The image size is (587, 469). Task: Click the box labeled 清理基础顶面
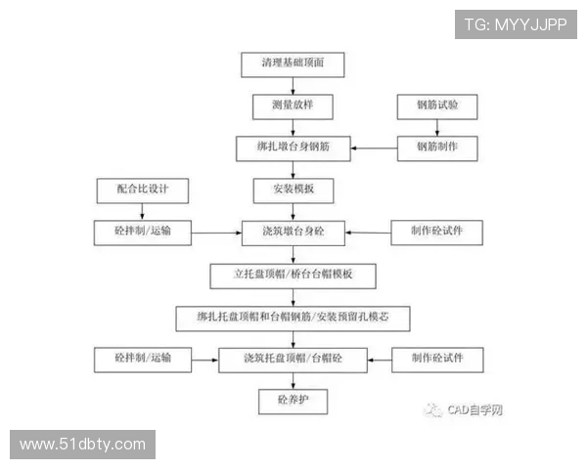coord(293,64)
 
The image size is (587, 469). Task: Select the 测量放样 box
coord(293,105)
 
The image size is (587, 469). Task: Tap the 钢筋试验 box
coord(437,105)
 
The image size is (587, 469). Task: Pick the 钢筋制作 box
coord(437,148)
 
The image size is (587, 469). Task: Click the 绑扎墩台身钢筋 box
coord(293,148)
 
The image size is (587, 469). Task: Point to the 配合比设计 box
coord(142,189)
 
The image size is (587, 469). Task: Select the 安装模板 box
coord(293,189)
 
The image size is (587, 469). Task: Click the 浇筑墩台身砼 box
coord(293,233)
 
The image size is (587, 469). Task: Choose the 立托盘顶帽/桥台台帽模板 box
coord(293,276)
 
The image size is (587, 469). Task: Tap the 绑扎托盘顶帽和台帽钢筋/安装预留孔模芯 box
coord(293,318)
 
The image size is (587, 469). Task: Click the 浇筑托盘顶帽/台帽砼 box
coord(293,360)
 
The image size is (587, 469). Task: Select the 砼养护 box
coord(293,402)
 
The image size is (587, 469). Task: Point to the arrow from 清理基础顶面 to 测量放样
coord(293,84)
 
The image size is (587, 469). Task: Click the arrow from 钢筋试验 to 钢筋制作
coord(437,126)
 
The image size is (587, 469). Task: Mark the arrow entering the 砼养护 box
coord(293,381)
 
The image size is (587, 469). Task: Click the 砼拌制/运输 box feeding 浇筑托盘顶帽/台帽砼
coord(142,360)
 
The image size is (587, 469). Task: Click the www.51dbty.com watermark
coord(82,445)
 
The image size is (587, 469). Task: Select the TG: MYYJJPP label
coord(516,23)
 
